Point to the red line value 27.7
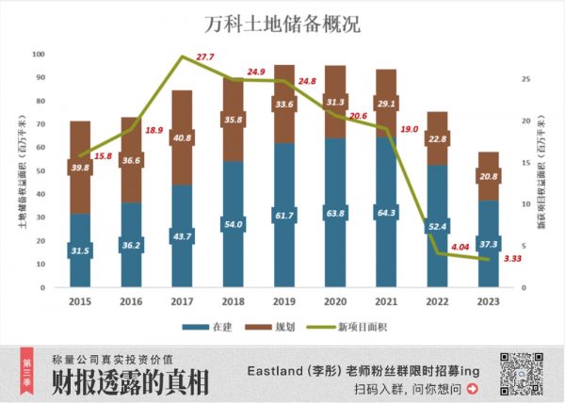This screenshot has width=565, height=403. (x=205, y=58)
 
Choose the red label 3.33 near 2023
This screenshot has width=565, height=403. (x=513, y=257)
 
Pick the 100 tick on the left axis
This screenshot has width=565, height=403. (x=39, y=54)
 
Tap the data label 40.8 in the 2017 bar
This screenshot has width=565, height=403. (x=183, y=137)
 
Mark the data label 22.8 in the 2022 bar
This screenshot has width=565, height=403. (x=438, y=138)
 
